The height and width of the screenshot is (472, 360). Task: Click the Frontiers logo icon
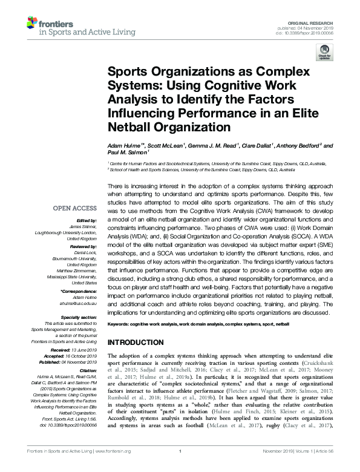31,24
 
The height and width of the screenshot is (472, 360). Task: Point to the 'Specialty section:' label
80,316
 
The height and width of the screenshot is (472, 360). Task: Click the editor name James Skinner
83,226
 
